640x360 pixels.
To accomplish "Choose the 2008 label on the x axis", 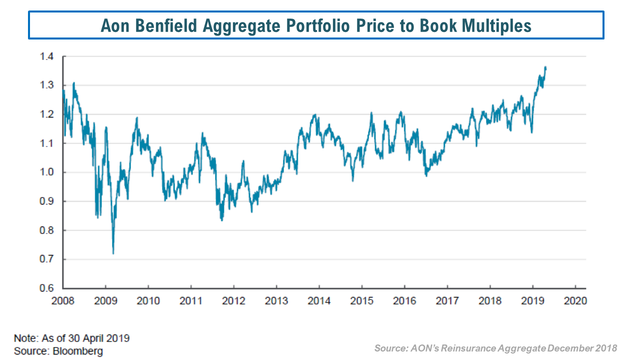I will pos(63,301).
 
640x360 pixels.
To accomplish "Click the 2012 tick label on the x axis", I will pos(233,301).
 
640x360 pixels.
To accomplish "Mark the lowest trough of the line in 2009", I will pos(113,253).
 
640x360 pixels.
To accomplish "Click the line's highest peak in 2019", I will pos(545,67).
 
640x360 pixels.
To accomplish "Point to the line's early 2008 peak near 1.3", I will pos(73,83).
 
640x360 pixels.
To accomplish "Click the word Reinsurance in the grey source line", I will pos(473,348).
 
